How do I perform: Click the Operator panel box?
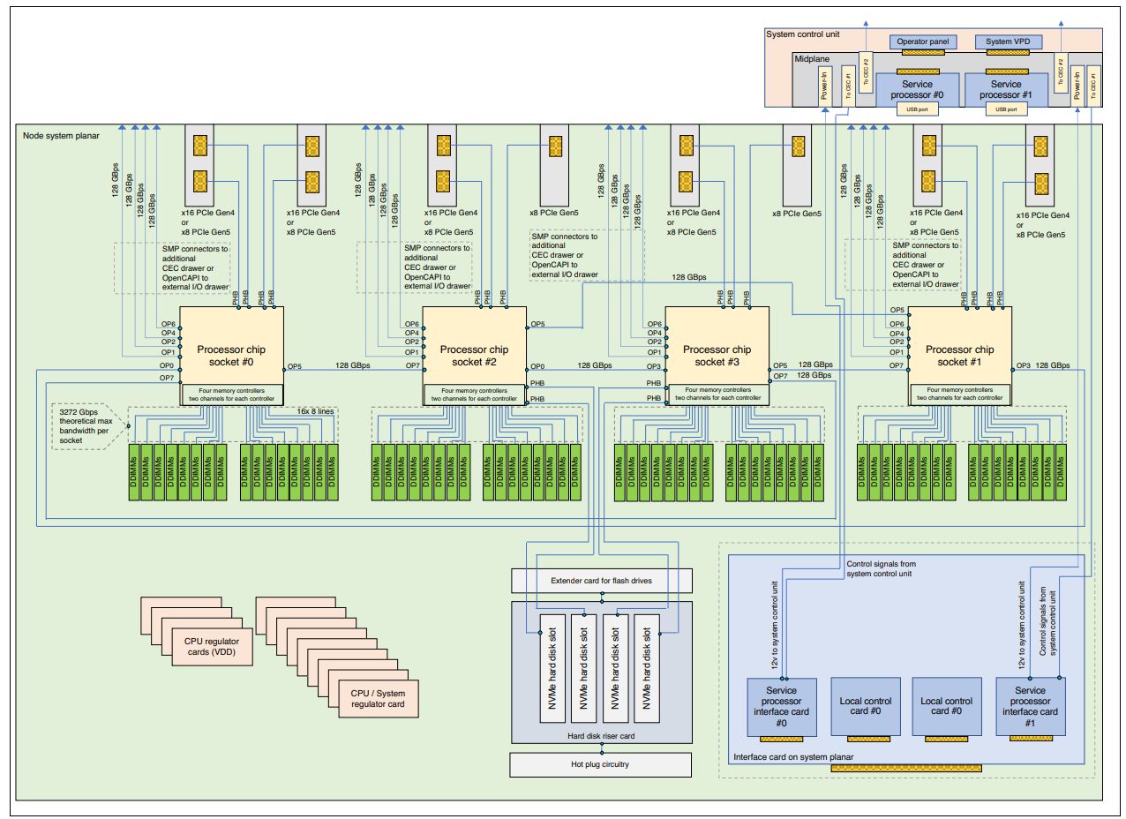pyautogui.click(x=922, y=41)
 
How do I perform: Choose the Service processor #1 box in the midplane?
pyautogui.click(x=1006, y=89)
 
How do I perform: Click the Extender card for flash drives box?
pyautogui.click(x=601, y=580)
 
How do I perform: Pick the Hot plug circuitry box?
pyautogui.click(x=601, y=764)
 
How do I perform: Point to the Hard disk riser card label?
pyautogui.click(x=601, y=735)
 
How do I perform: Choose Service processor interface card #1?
pyautogui.click(x=1030, y=706)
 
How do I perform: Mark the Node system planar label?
pyautogui.click(x=61, y=135)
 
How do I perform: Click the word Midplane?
pyautogui.click(x=812, y=59)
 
